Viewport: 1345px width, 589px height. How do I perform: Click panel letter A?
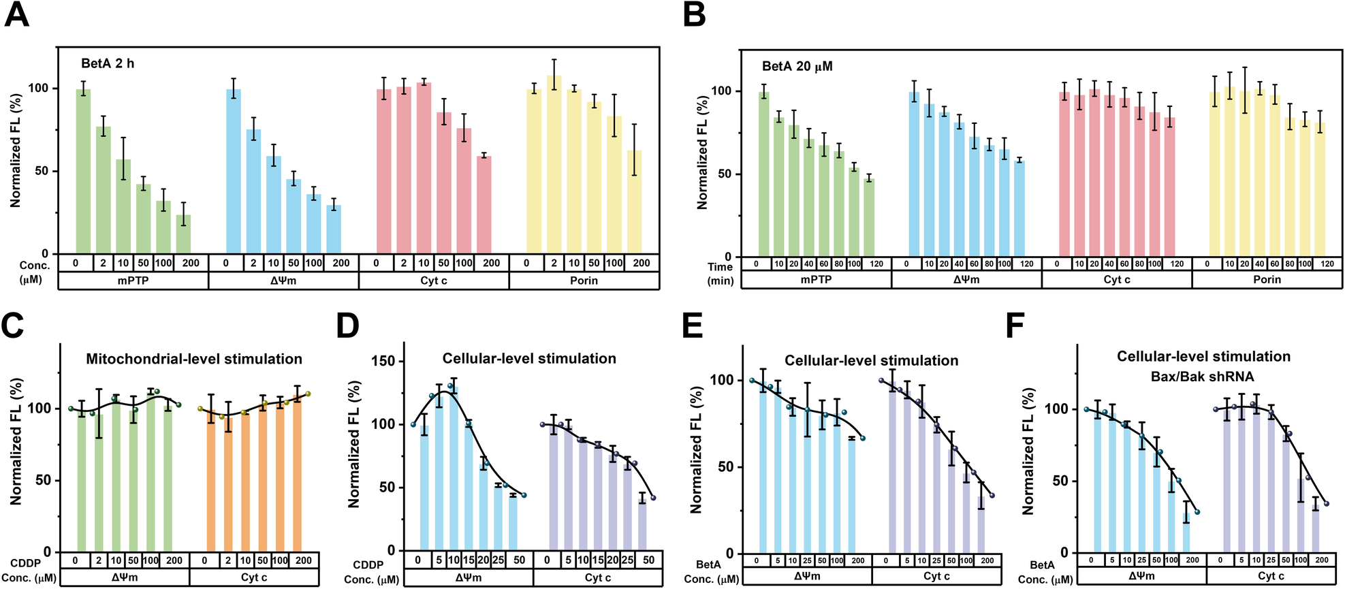17,15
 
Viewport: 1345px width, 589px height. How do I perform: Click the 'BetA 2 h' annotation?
108,63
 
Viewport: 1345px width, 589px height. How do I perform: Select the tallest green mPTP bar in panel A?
83,170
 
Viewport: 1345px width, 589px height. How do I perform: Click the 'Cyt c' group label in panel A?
434,281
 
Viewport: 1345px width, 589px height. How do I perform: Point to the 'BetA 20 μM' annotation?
797,66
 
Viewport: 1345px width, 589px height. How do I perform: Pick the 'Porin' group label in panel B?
1267,279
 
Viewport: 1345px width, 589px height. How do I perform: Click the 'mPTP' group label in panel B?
816,279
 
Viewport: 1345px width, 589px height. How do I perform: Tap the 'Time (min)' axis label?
720,273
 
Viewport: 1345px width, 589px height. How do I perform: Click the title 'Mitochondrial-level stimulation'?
194,359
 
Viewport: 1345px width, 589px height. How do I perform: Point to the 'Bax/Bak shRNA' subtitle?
1202,377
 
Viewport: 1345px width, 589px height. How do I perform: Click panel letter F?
1015,326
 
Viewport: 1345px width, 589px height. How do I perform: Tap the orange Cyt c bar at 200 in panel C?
297,473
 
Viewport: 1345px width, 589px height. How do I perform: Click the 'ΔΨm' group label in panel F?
1141,576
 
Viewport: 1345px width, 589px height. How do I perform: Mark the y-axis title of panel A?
15,150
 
